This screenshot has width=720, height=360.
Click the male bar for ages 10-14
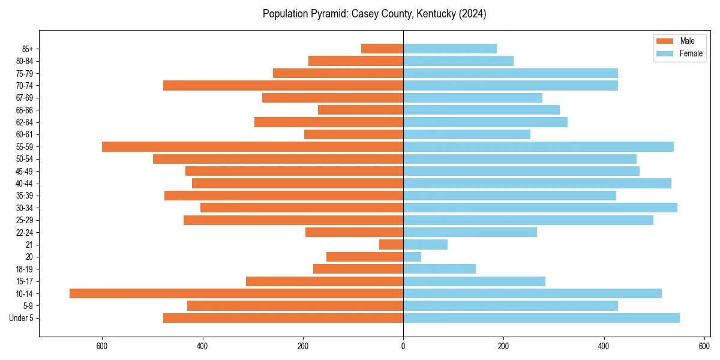(236, 293)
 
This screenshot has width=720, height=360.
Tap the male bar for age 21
(391, 245)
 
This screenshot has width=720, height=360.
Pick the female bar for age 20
(412, 257)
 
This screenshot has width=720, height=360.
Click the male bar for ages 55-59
(253, 146)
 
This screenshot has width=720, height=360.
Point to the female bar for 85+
(450, 49)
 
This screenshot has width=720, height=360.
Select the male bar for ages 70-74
(283, 85)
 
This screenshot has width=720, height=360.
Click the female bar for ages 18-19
(439, 269)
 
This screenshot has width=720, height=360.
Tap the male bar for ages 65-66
(361, 110)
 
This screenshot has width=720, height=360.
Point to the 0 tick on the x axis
(403, 346)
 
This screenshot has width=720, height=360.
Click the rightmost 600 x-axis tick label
(704, 346)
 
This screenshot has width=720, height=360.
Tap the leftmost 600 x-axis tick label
(102, 346)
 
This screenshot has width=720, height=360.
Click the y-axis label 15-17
(25, 281)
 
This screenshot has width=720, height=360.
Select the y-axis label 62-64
(25, 122)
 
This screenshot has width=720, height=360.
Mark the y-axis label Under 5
(22, 318)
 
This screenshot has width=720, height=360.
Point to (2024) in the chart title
(473, 14)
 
